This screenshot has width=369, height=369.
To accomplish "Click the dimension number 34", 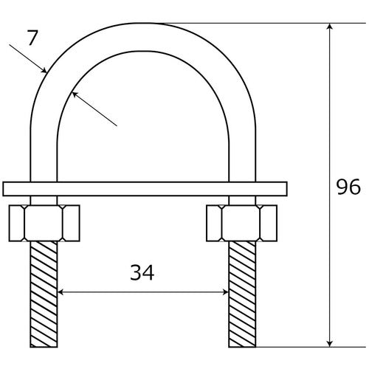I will pos(143,275).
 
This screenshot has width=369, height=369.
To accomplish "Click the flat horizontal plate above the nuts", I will pos(143,189).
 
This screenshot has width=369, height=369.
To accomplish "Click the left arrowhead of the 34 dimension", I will pos(62,292).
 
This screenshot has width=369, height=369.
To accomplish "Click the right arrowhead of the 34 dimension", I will pos(224,292).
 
